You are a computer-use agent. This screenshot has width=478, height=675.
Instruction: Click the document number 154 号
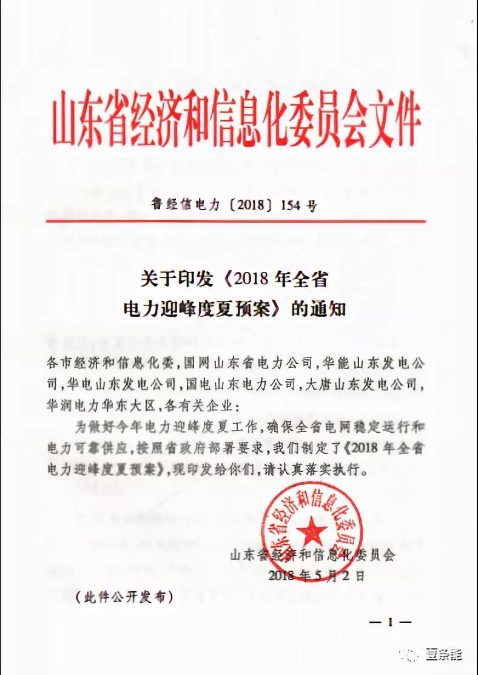(x=298, y=206)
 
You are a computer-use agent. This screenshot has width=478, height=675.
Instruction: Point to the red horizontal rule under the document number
(x=237, y=221)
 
